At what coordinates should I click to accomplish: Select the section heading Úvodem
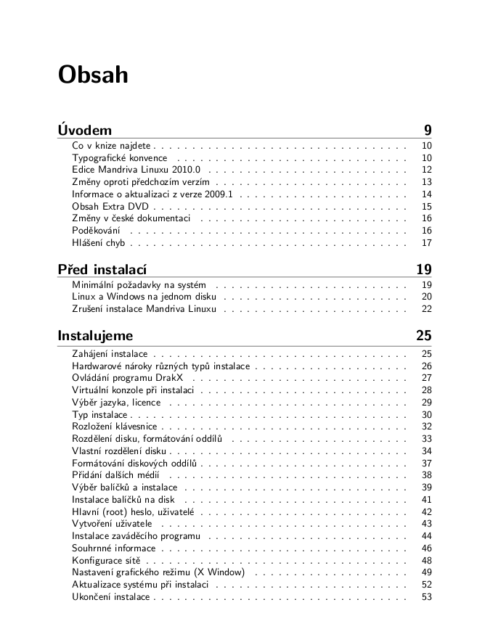[85, 131]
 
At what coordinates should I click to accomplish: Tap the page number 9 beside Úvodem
[428, 131]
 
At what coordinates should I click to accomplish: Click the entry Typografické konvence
[120, 157]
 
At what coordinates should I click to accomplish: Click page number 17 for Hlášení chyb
[426, 243]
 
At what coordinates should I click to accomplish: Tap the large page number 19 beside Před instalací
[424, 271]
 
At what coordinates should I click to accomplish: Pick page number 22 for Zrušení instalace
[426, 309]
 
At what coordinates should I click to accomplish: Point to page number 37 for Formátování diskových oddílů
[426, 463]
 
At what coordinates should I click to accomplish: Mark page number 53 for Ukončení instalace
[426, 597]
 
